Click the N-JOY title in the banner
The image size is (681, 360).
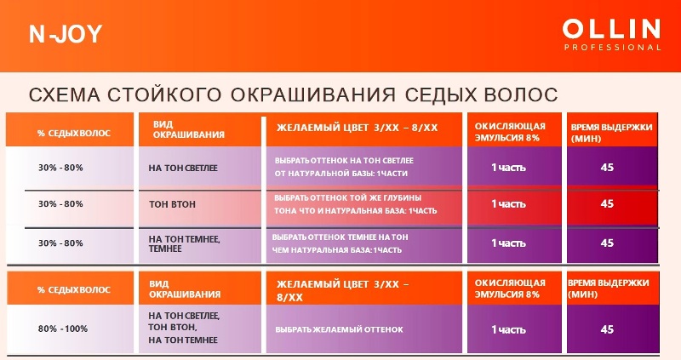66,34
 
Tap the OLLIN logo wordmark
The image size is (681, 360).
611,30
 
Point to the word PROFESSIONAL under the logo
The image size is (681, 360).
612,48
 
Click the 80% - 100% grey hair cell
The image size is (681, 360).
62,329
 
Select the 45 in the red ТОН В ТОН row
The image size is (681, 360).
607,203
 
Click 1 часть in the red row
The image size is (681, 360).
508,203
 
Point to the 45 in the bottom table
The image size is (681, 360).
607,329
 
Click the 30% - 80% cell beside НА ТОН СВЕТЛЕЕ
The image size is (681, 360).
60,168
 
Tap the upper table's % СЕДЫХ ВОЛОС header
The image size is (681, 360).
74,134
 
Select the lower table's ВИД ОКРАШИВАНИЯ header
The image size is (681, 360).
185,289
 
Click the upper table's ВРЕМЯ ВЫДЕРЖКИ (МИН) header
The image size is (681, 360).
611,133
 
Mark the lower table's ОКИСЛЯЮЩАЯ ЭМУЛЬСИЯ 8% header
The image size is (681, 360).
510,289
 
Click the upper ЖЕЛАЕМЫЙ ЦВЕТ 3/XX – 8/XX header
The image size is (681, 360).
357,128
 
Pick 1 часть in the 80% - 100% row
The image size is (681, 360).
508,329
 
